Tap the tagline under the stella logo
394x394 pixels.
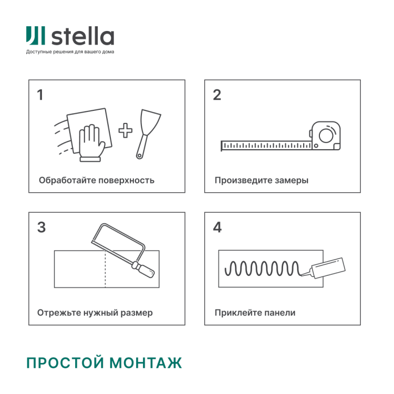pos(70,52)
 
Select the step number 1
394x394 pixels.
pos(40,95)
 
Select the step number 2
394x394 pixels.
pos(217,95)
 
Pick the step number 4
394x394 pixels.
pos(217,227)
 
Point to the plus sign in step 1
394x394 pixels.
pos(125,130)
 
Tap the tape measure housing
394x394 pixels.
pos(326,136)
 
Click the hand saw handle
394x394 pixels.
pos(146,267)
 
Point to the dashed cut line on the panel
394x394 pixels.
pos(106,269)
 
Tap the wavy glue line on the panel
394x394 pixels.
pos(263,268)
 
